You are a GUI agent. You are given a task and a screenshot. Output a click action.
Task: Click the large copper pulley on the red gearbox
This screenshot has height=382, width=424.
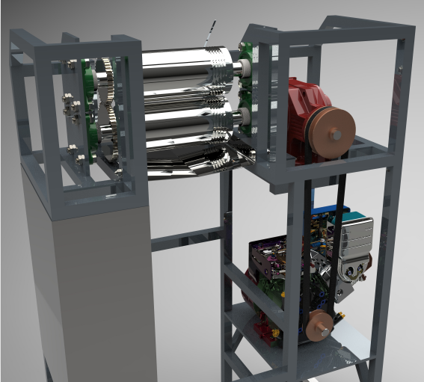coord(329,134)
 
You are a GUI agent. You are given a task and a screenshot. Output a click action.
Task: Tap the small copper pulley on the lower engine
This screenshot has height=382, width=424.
coord(320,327)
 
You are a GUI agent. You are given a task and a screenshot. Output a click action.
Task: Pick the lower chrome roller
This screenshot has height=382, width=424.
coord(183,123)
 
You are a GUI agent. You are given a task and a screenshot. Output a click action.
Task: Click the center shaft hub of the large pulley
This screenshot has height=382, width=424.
coord(337,135)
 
